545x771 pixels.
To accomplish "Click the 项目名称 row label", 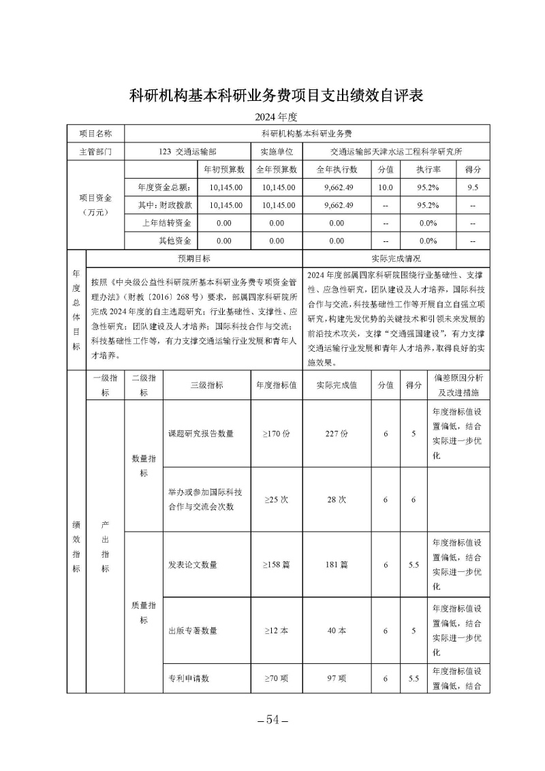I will tap(95, 134).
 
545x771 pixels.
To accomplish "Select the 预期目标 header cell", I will tap(194, 258).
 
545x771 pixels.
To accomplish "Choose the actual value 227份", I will tap(336, 433).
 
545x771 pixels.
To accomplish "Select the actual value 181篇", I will tap(336, 564).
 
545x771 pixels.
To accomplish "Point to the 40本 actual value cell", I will tap(336, 631).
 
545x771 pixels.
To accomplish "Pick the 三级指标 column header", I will tap(206, 385).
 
